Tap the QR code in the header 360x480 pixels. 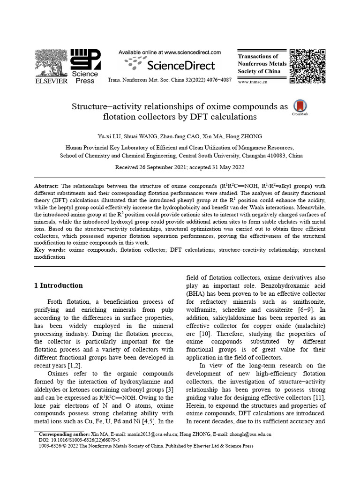(307, 65)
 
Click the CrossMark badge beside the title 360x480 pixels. (300, 107)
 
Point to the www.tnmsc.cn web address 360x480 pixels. (253, 82)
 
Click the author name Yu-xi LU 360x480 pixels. (109, 136)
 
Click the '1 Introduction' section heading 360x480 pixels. (59, 285)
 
